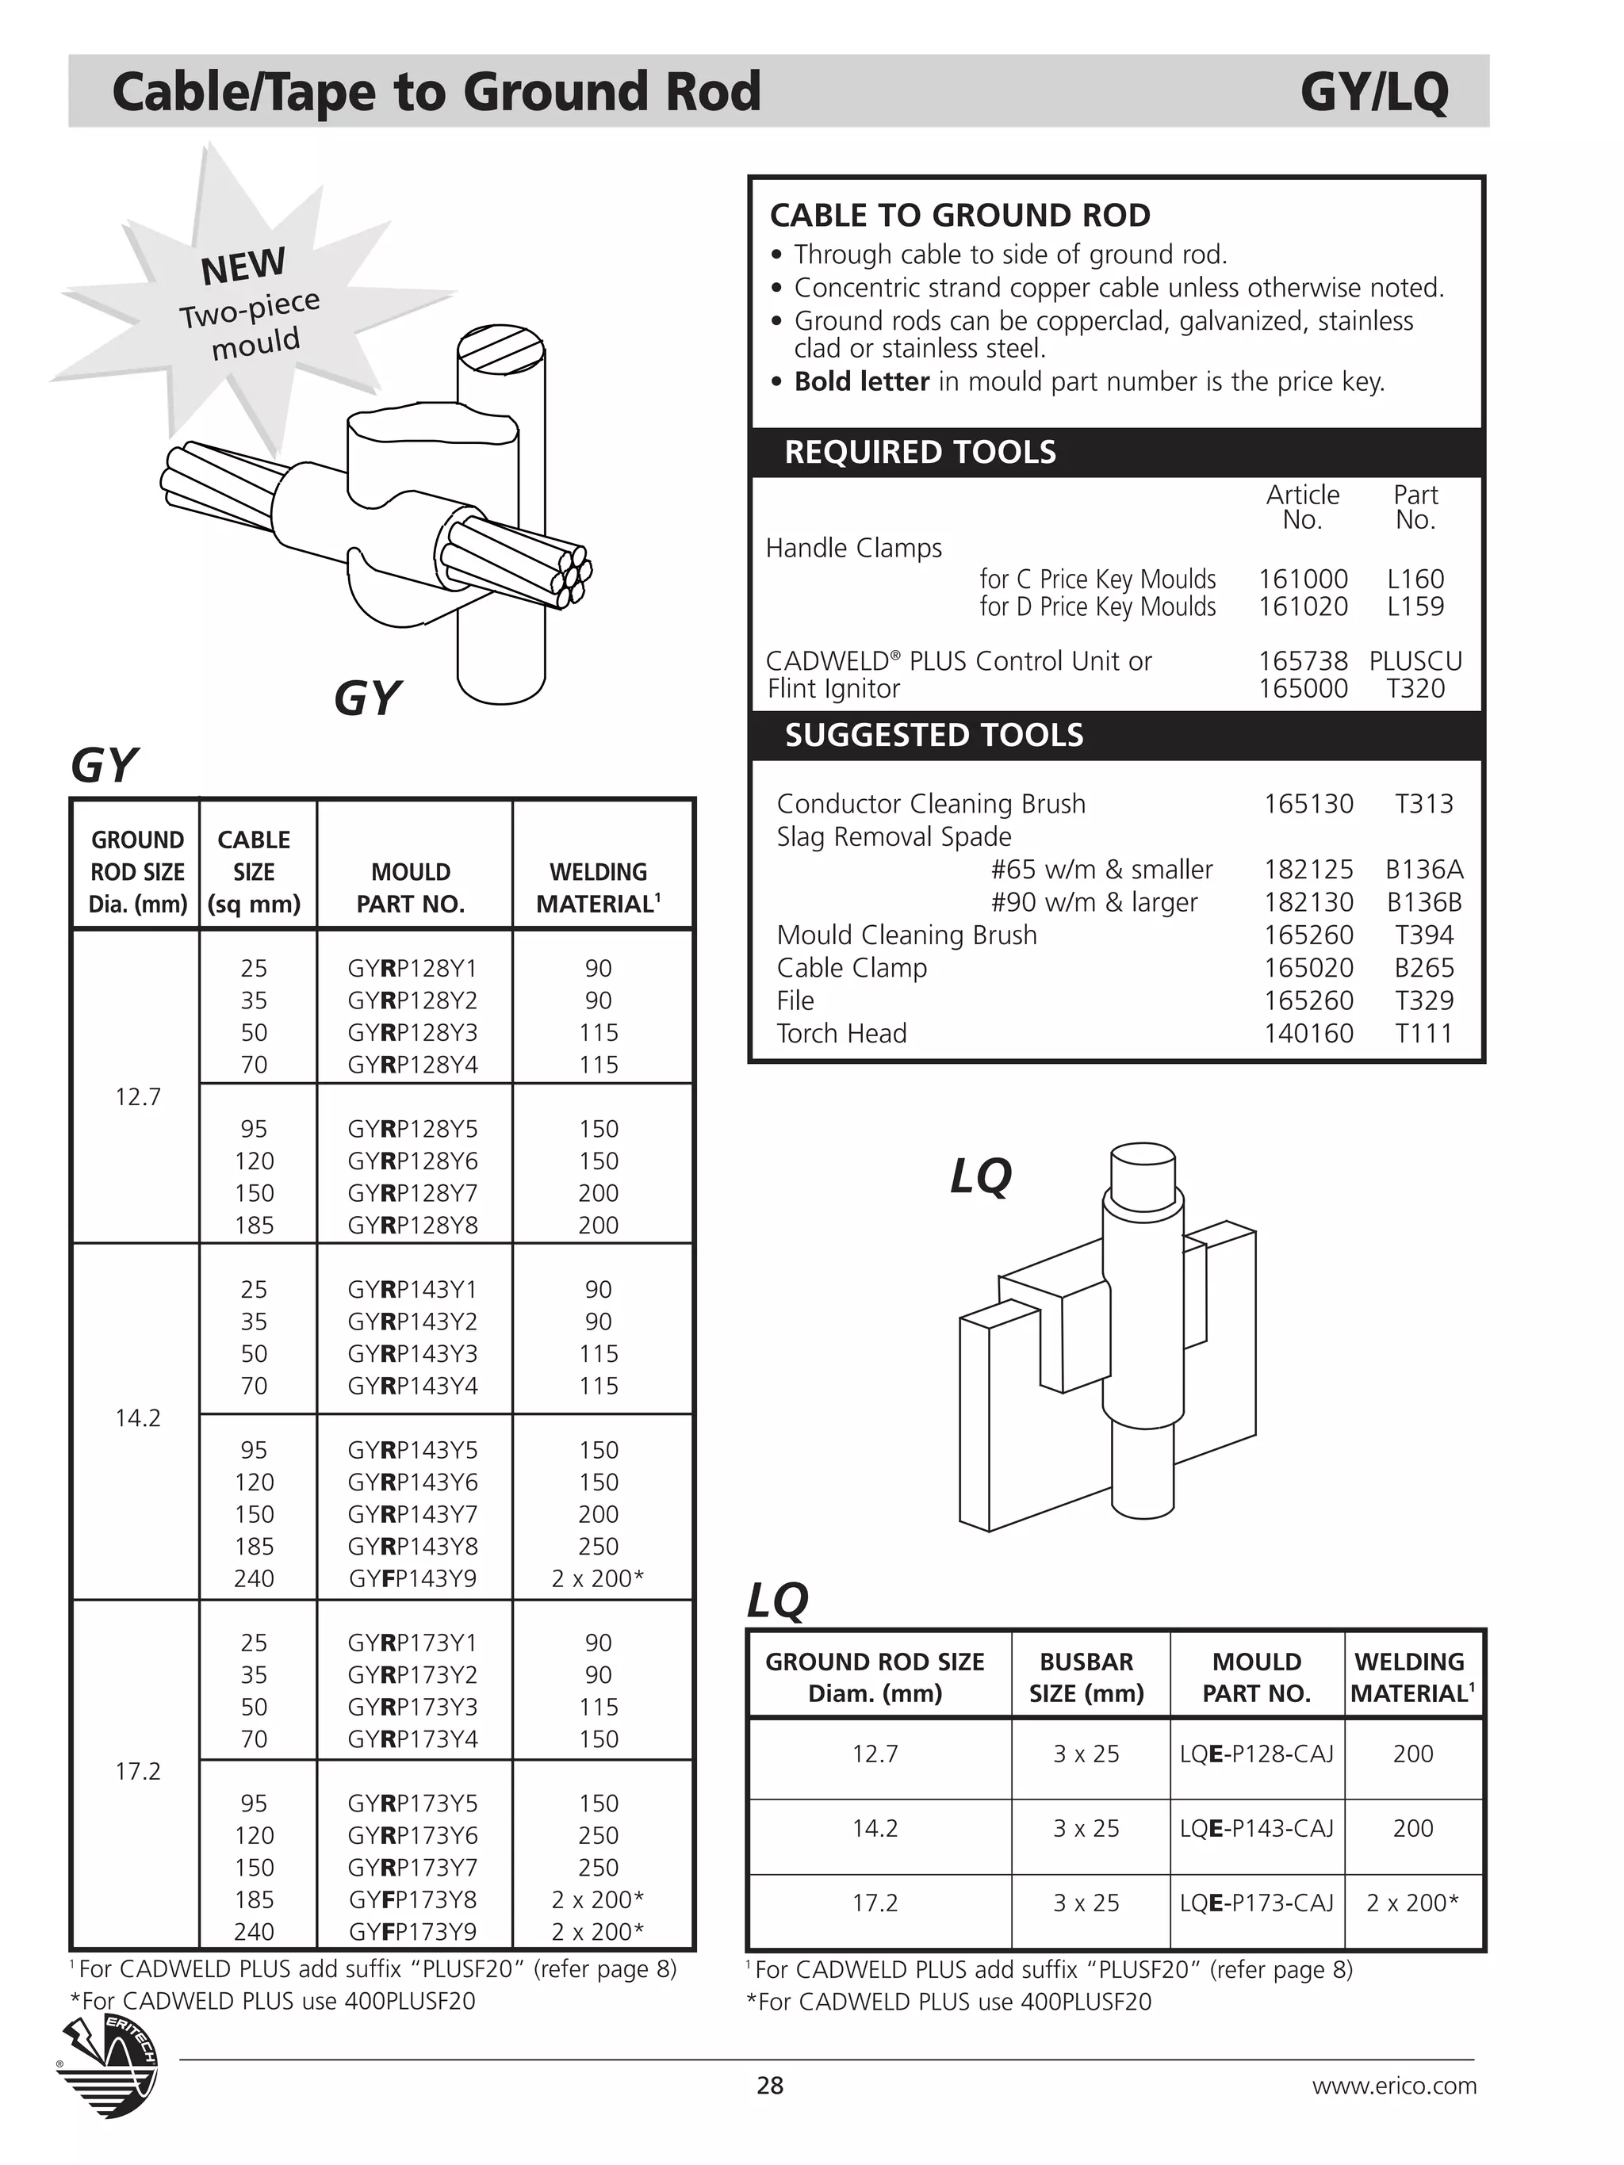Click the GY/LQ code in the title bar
click(1373, 93)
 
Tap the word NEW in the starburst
click(243, 266)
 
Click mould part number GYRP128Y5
click(412, 1129)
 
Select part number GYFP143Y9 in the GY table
click(412, 1578)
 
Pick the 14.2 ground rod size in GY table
click(137, 1417)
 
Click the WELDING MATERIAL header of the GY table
click(598, 887)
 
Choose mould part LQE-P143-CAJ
click(1256, 1828)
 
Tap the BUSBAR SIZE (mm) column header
click(1086, 1677)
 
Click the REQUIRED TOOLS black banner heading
click(920, 452)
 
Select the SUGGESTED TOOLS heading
click(934, 735)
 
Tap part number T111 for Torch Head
click(1423, 1033)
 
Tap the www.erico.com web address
click(1393, 2086)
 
